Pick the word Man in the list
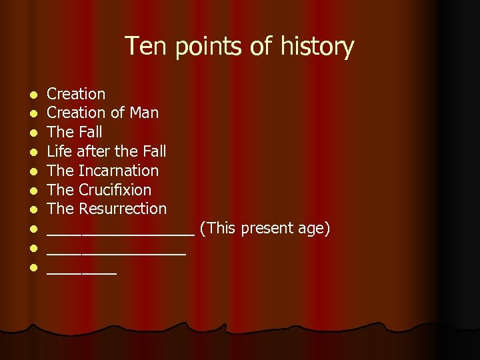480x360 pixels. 144,113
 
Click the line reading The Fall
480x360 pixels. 75,132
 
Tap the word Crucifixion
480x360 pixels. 115,190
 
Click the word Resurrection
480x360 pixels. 123,209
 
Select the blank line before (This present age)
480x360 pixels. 120,233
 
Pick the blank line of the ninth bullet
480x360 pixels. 116,253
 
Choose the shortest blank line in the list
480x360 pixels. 81,272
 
